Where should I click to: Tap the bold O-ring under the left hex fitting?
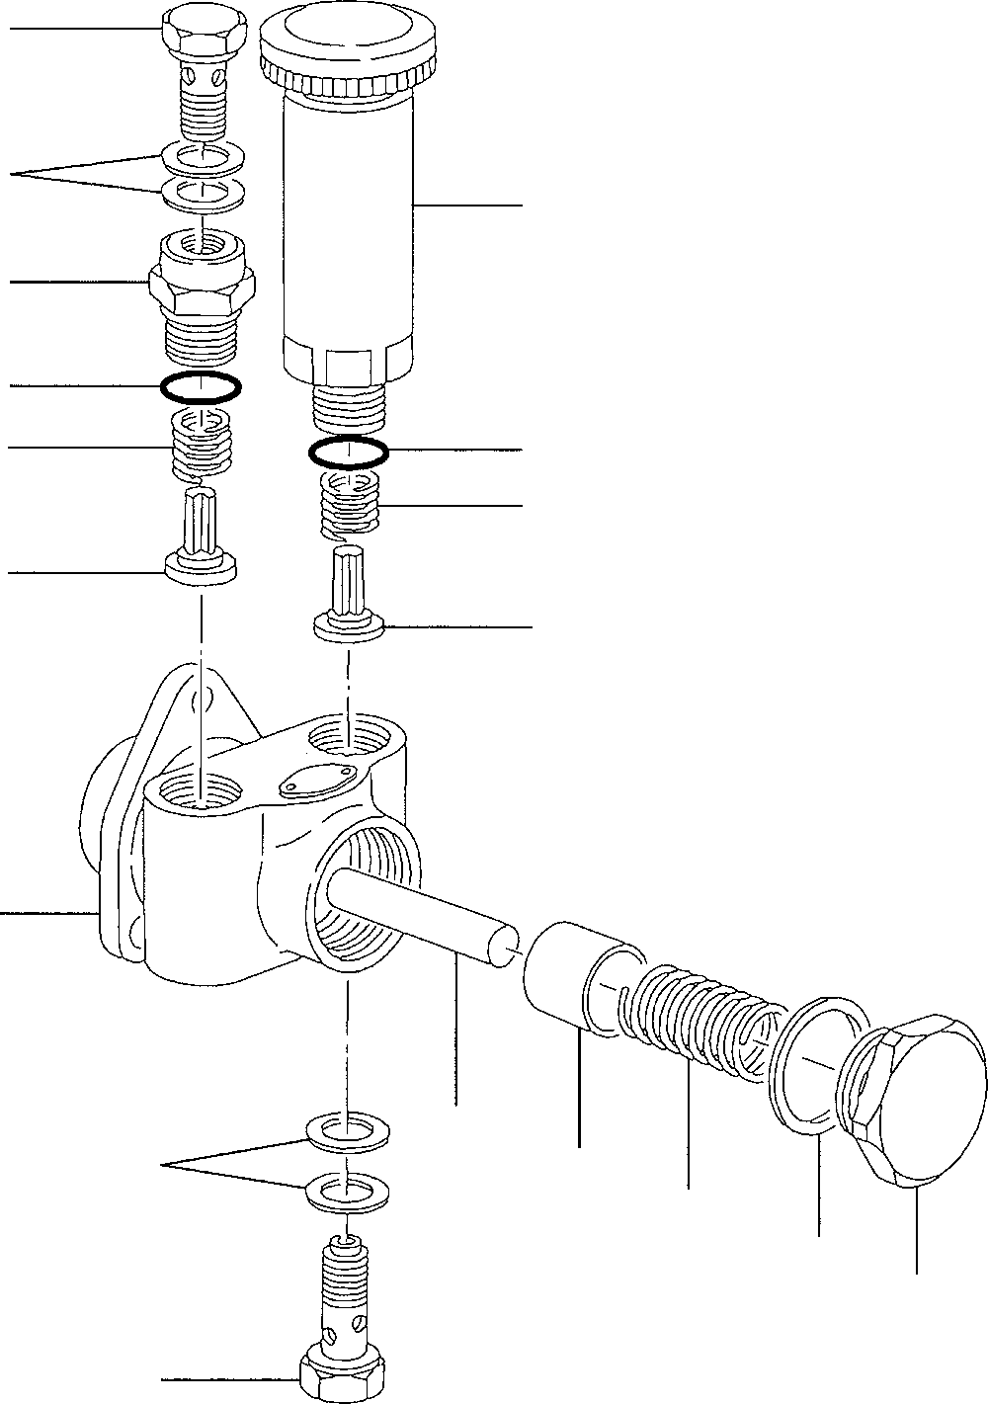tap(201, 387)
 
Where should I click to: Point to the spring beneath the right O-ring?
tap(350, 506)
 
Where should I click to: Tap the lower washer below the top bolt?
tap(203, 191)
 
